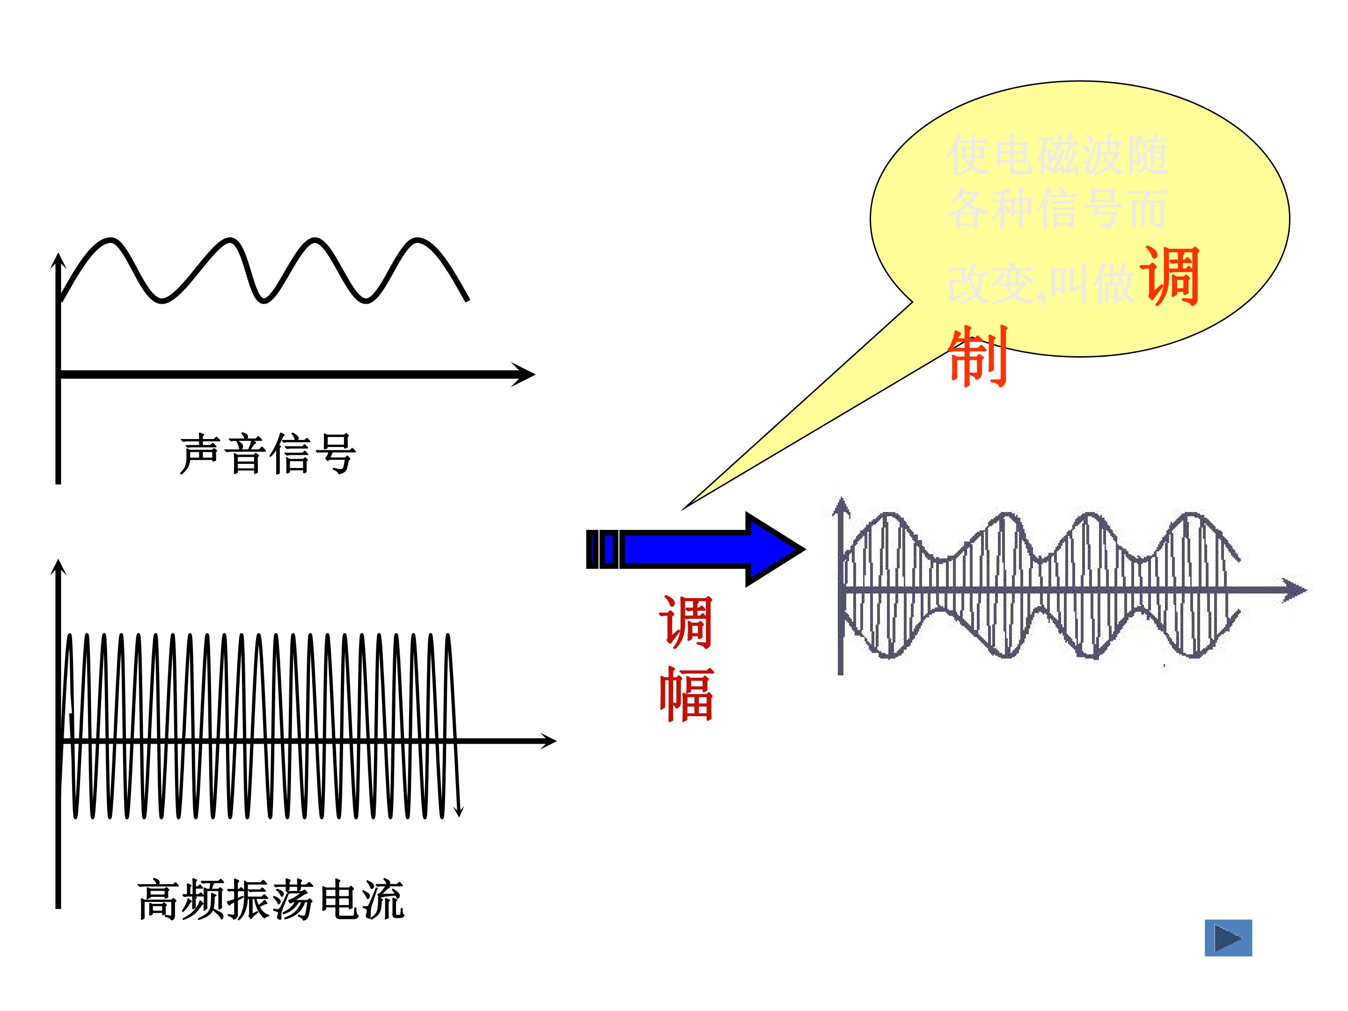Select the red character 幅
686,694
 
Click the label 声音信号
268,454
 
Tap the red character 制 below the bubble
978,357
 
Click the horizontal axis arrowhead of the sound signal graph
524,374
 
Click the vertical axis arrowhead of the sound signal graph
58,261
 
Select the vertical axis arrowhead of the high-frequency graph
58,567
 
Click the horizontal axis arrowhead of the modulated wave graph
1295,590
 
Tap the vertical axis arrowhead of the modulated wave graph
841,506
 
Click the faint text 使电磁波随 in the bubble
1057,155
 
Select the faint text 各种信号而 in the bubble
1057,208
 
